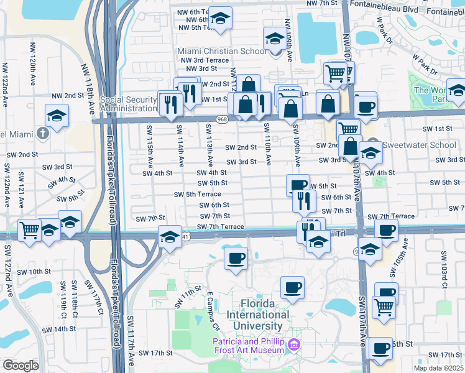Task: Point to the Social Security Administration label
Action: click(127, 104)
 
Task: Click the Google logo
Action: click(21, 366)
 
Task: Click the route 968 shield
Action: click(222, 119)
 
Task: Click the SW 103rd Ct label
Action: click(444, 264)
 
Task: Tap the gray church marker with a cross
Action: click(42, 133)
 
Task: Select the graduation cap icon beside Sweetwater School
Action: click(371, 151)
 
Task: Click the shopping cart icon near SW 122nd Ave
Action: click(29, 230)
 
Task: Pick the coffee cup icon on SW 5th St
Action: click(298, 184)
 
